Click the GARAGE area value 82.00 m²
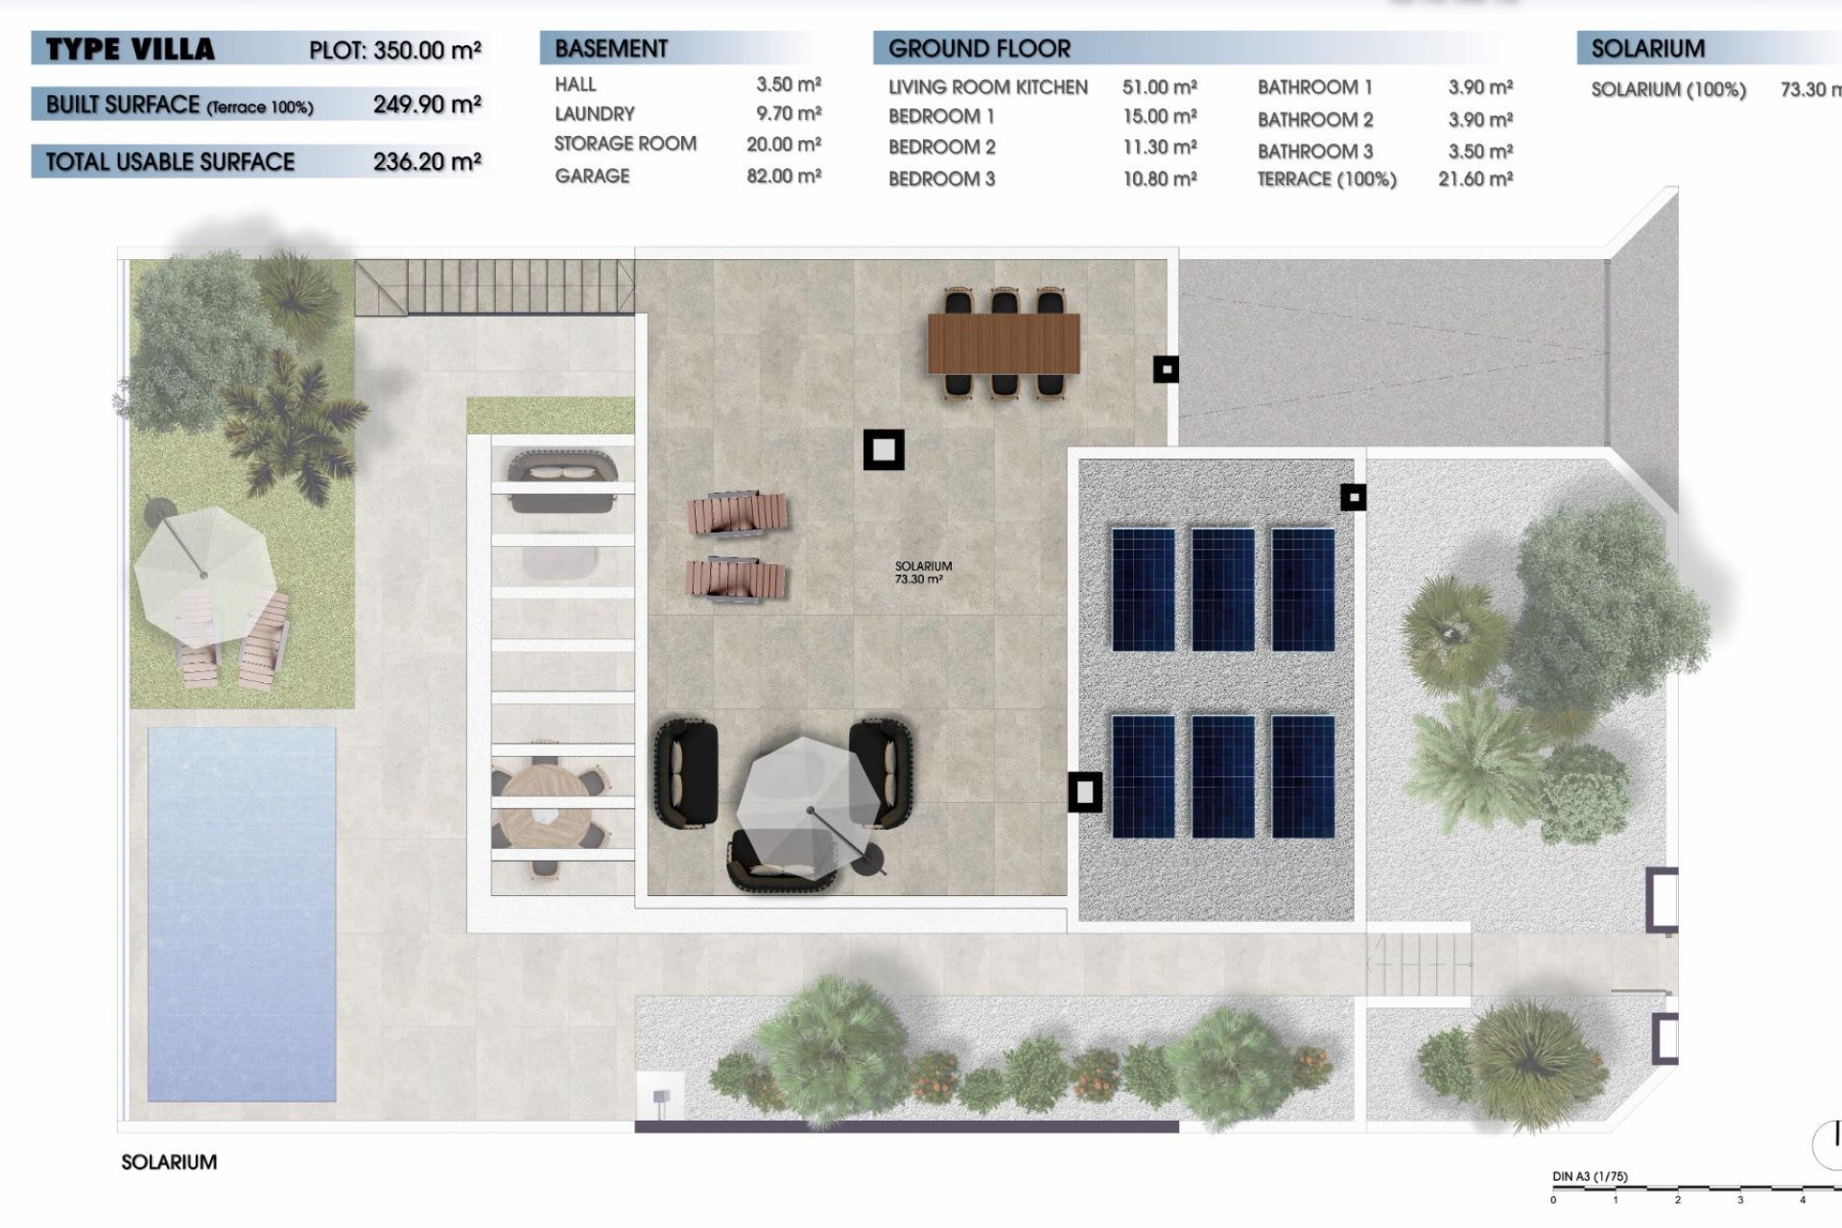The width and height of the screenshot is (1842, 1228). [x=784, y=177]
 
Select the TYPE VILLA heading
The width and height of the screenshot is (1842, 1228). [x=130, y=49]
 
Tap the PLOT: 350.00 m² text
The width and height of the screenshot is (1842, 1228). [x=394, y=50]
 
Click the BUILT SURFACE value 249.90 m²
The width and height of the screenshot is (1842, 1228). [x=427, y=105]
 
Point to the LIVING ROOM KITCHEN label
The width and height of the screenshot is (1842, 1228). [x=987, y=87]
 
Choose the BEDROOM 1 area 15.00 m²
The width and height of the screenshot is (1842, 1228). [x=1159, y=117]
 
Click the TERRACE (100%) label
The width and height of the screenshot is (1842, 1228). [x=1326, y=179]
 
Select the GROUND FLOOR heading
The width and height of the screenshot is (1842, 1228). [x=979, y=48]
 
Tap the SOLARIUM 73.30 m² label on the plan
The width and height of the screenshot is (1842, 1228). [x=922, y=573]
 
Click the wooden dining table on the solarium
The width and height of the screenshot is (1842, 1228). [x=1004, y=343]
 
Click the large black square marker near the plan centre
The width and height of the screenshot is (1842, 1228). [x=884, y=449]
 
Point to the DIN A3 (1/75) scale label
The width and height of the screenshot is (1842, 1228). [x=1590, y=1176]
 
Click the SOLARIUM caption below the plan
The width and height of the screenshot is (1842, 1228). [x=169, y=1162]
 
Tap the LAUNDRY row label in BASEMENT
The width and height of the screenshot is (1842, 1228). [x=594, y=114]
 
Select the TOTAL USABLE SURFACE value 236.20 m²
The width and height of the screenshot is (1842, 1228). [x=427, y=162]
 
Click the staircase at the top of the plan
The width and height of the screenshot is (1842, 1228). [x=494, y=286]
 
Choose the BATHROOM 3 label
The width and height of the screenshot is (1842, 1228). [x=1314, y=152]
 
